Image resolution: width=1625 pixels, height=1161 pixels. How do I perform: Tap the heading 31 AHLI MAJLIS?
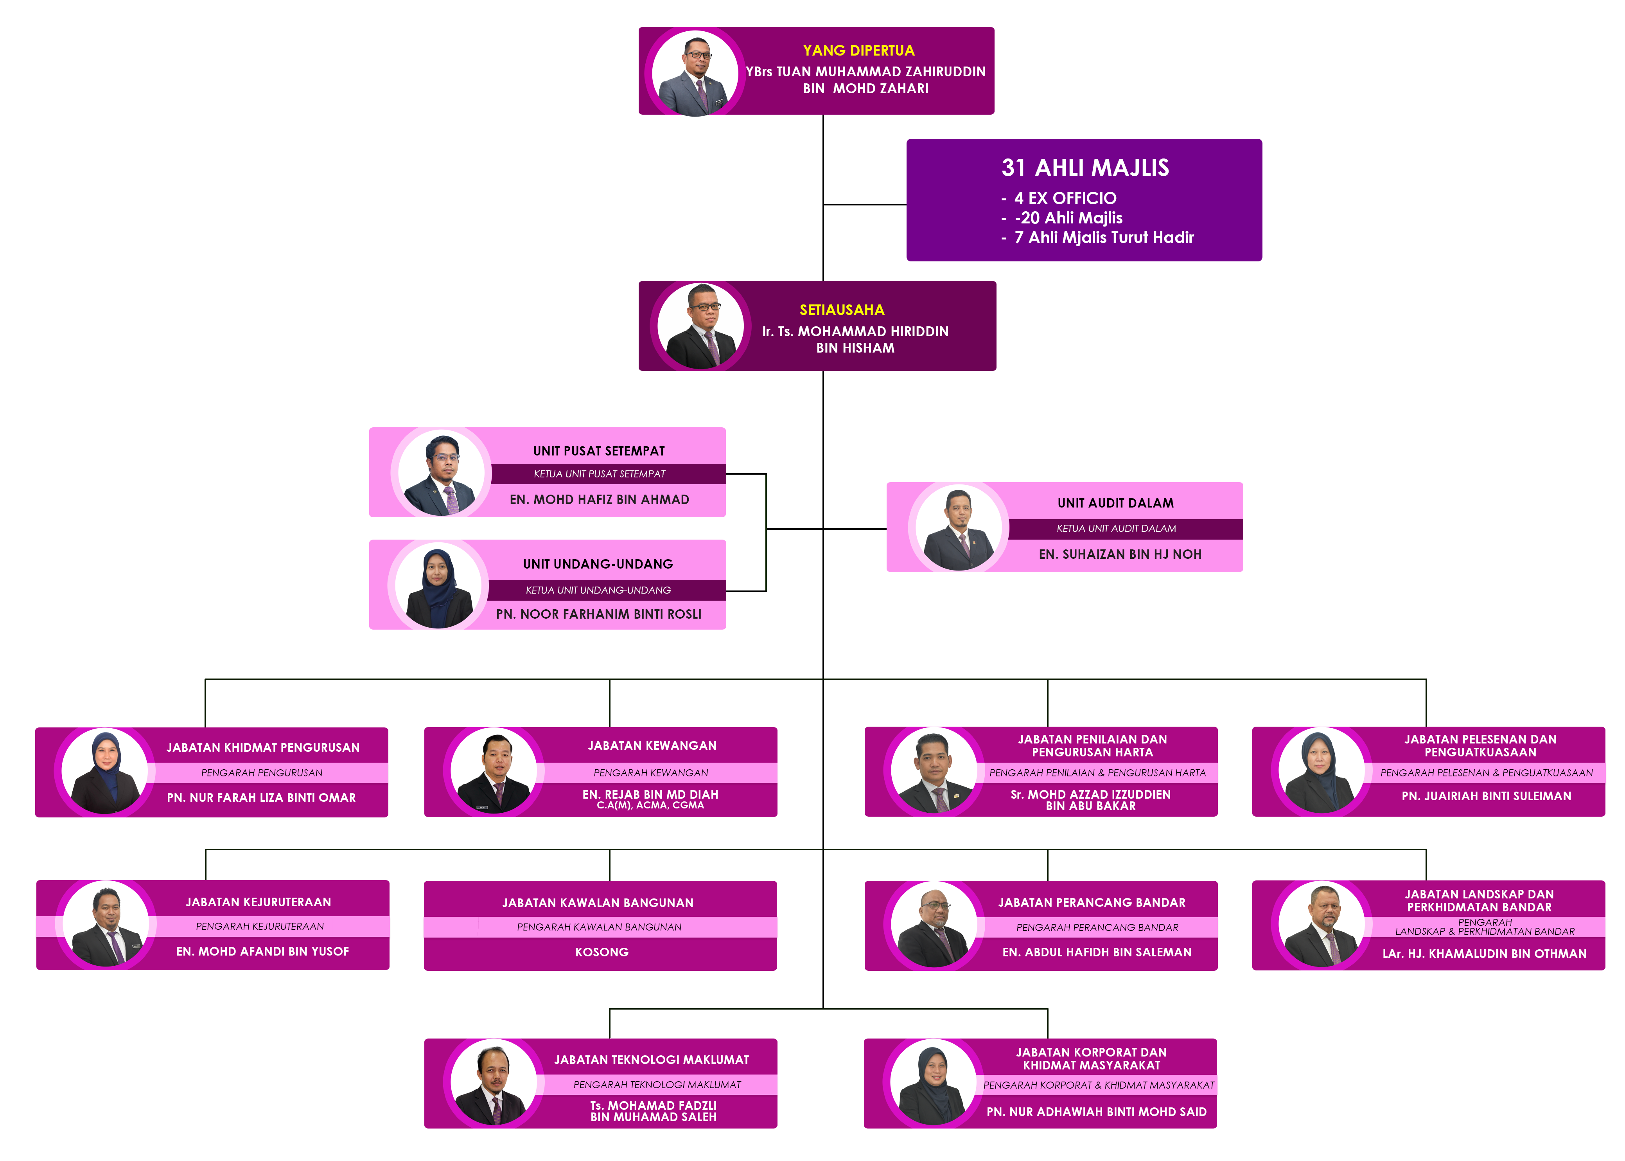pyautogui.click(x=1085, y=168)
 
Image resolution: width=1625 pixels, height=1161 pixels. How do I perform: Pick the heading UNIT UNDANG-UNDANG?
pyautogui.click(x=598, y=564)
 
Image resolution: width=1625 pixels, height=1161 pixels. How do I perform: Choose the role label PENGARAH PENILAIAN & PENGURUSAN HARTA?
pyautogui.click(x=1097, y=773)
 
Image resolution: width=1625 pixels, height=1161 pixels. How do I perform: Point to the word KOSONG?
pyautogui.click(x=602, y=952)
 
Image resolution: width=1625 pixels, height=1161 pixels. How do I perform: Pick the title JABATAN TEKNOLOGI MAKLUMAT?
pyautogui.click(x=651, y=1060)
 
